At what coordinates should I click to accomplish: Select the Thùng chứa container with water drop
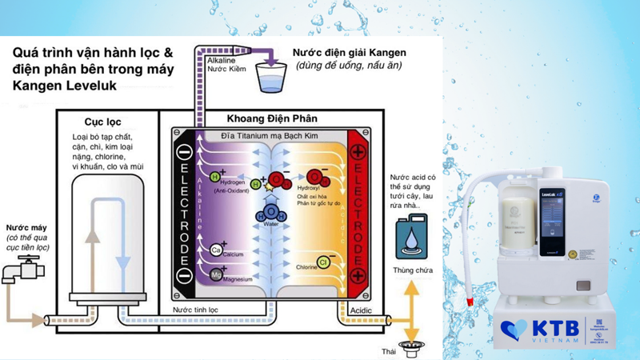click(x=411, y=240)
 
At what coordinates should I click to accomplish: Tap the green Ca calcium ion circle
click(x=216, y=250)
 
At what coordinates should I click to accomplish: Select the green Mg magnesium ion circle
click(x=216, y=274)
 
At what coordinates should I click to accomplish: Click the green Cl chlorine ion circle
click(x=324, y=262)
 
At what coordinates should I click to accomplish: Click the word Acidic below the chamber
click(x=362, y=310)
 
